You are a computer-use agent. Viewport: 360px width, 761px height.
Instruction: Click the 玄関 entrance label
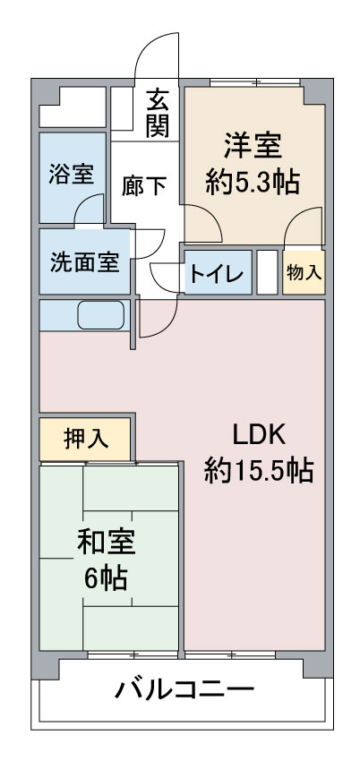click(158, 112)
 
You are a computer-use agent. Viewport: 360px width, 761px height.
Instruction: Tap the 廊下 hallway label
click(144, 185)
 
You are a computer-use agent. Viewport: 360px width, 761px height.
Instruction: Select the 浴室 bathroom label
click(72, 174)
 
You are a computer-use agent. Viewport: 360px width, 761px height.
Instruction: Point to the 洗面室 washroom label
click(84, 262)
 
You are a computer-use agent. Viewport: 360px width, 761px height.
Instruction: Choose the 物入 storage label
click(304, 273)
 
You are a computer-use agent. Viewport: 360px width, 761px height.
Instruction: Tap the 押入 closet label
click(86, 440)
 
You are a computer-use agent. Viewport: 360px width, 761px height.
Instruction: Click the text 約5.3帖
click(252, 183)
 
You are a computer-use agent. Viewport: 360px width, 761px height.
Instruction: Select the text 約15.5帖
click(259, 470)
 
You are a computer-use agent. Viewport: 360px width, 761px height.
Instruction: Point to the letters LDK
click(258, 435)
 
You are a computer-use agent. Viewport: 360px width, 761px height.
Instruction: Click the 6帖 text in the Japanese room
click(106, 577)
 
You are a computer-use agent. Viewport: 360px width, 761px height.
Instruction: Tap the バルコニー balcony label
click(184, 688)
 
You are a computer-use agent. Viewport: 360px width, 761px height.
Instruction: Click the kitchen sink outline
click(101, 315)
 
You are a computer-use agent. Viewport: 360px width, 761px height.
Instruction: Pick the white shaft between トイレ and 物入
click(267, 272)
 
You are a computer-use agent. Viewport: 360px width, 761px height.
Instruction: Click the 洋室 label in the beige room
click(253, 147)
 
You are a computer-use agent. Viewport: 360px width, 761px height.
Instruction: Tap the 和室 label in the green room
click(106, 543)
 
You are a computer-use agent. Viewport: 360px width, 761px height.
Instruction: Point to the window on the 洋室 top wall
click(255, 82)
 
